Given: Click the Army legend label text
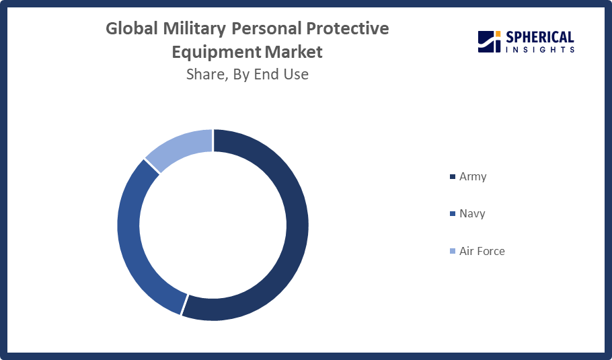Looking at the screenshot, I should pyautogui.click(x=472, y=177).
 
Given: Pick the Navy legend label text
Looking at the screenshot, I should pyautogui.click(x=471, y=214).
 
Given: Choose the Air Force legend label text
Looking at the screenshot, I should pyautogui.click(x=482, y=251).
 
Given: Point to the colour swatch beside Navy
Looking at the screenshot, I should pyautogui.click(x=452, y=215).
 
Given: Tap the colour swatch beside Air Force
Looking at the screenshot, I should pyautogui.click(x=452, y=252).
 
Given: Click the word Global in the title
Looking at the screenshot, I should pyautogui.click(x=132, y=29).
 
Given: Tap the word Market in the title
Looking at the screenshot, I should pyautogui.click(x=294, y=52).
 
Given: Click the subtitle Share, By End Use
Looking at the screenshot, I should pyautogui.click(x=247, y=75).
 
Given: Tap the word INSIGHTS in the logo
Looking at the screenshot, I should pyautogui.click(x=539, y=49).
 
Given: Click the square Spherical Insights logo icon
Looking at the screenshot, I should pyautogui.click(x=489, y=41).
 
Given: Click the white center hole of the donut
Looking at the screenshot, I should pyautogui.click(x=213, y=225).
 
